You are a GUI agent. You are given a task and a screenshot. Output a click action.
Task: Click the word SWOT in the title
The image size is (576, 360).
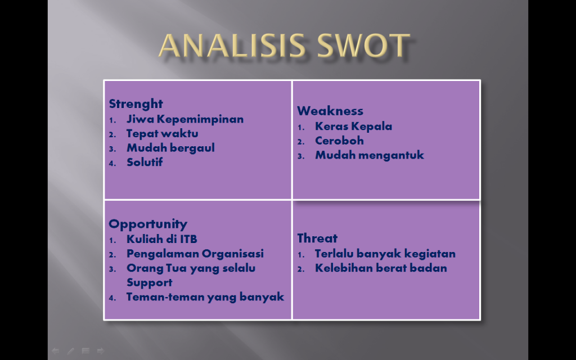point(363,46)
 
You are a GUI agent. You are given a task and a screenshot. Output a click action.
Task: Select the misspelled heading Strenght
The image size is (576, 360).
point(136,104)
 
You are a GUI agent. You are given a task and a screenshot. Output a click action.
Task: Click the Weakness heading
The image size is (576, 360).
point(330,111)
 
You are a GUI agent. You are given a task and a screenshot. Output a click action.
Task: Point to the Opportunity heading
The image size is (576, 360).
point(148,224)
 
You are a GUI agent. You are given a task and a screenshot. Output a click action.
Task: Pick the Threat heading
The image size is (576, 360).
point(317,238)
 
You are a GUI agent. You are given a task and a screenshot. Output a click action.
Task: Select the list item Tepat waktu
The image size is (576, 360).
point(163,133)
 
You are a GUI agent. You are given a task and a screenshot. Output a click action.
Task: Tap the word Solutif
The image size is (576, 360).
point(145,162)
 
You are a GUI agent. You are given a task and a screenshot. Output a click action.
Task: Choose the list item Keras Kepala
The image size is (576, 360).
point(353,126)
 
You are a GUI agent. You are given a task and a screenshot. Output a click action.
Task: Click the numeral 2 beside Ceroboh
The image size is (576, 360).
point(301,142)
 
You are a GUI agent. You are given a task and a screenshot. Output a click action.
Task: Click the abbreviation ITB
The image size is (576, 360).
point(188,239)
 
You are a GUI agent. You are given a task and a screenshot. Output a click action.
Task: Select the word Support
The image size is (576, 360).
point(149,283)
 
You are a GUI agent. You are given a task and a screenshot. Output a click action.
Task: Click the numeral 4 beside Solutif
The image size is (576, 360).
point(112,164)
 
